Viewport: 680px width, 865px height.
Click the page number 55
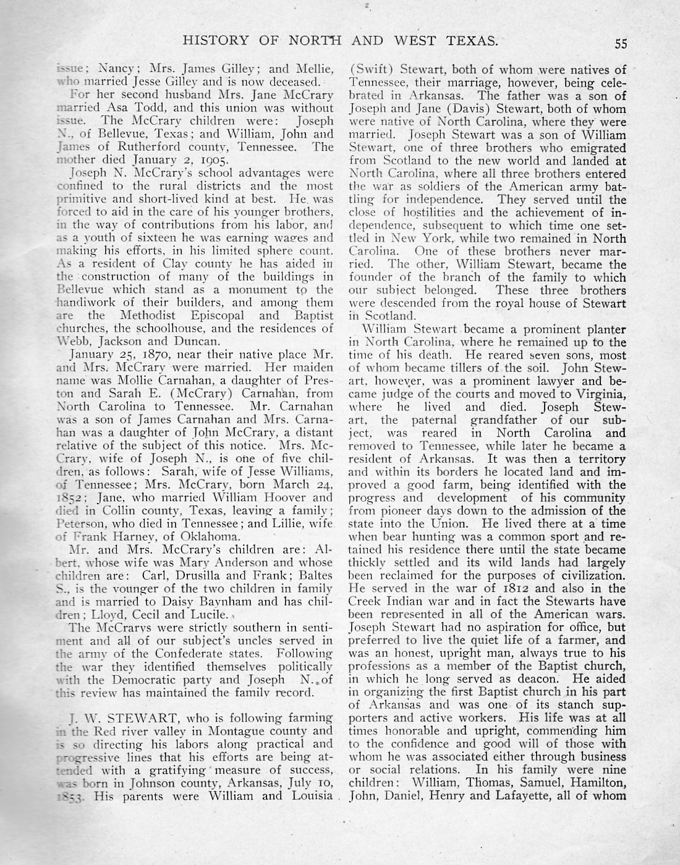click(x=621, y=43)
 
